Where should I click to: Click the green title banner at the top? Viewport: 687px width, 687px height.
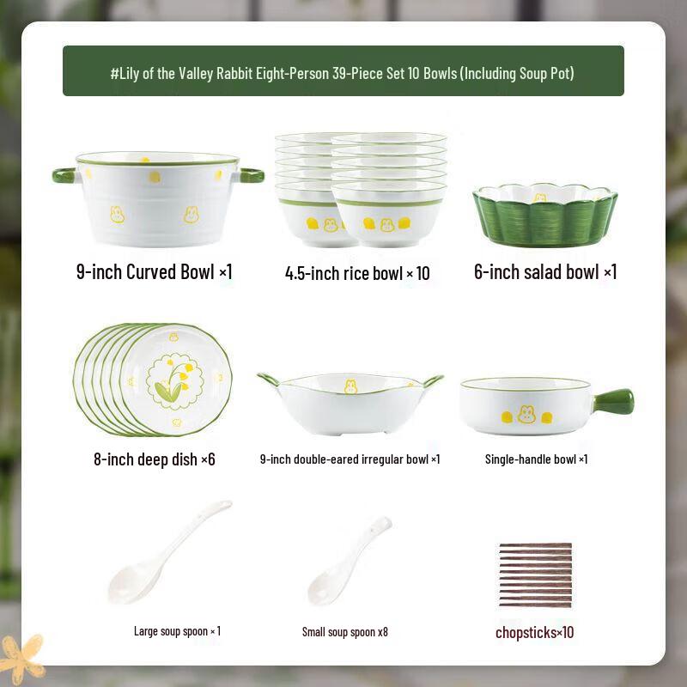pyautogui.click(x=343, y=71)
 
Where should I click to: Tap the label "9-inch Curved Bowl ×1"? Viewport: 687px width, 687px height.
pyautogui.click(x=155, y=272)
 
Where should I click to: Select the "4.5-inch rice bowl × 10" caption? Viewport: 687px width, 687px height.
pyautogui.click(x=357, y=274)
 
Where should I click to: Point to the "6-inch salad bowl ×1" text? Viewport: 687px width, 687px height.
pyautogui.click(x=545, y=272)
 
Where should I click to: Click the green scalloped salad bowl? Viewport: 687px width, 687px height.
pyautogui.click(x=544, y=220)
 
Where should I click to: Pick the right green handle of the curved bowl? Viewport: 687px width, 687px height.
pyautogui.click(x=251, y=175)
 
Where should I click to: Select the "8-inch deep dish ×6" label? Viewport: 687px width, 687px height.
pyautogui.click(x=155, y=459)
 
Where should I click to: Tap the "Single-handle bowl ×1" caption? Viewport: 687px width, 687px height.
pyautogui.click(x=536, y=459)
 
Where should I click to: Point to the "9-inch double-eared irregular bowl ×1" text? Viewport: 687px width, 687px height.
pyautogui.click(x=350, y=459)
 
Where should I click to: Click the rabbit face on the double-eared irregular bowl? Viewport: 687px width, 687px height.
pyautogui.click(x=350, y=387)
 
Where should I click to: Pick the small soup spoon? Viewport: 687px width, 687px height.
pyautogui.click(x=347, y=562)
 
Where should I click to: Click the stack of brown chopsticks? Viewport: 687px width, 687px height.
pyautogui.click(x=535, y=575)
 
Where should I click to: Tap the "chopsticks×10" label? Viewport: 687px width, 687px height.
pyautogui.click(x=534, y=633)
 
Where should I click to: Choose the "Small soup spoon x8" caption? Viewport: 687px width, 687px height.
pyautogui.click(x=345, y=632)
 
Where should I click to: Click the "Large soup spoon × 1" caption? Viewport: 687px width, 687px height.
pyautogui.click(x=177, y=631)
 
